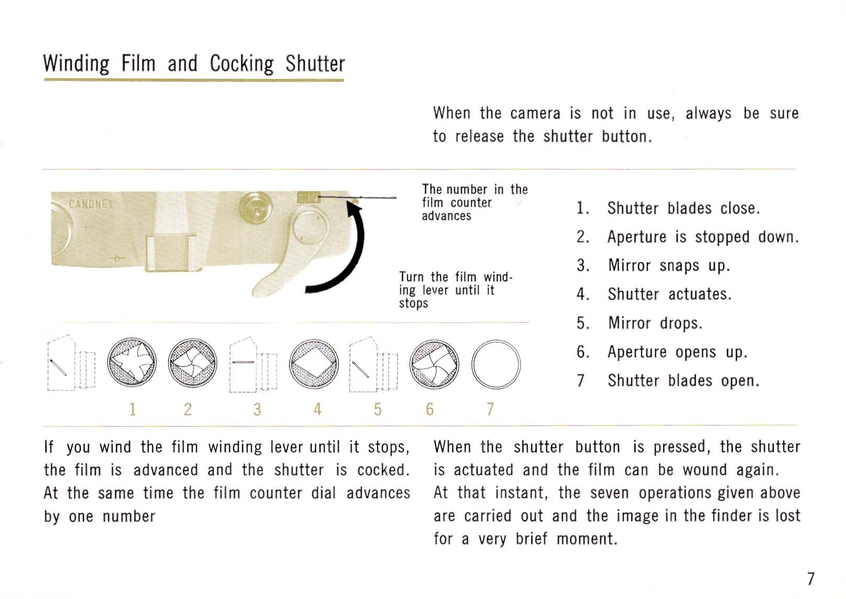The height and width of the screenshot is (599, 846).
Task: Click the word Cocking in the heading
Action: (241, 64)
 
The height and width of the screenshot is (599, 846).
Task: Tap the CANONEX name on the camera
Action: (91, 205)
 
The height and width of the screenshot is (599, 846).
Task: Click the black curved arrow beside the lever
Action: (340, 249)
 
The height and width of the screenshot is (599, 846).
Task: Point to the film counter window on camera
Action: (309, 197)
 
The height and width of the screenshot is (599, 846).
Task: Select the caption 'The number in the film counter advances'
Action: (475, 202)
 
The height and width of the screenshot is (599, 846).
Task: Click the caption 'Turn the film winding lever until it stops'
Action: (456, 290)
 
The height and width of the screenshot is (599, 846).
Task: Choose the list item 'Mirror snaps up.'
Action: (654, 266)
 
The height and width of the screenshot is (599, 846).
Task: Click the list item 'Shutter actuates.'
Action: (654, 294)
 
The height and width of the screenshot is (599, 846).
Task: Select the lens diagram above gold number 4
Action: (313, 364)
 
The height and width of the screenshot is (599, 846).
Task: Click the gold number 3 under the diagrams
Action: (257, 409)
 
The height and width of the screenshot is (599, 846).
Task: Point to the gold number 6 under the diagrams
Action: (430, 409)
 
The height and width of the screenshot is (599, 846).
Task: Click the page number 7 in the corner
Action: (810, 578)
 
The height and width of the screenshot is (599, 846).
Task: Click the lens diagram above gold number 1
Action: (132, 362)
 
